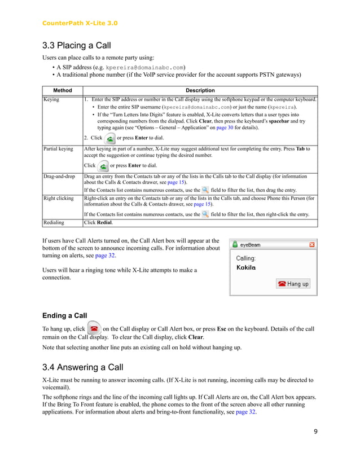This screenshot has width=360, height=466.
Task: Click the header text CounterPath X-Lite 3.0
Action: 80,23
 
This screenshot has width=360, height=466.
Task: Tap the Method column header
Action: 62,90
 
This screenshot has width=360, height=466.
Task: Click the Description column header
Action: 200,90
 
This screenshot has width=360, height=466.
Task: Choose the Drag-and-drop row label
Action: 59,177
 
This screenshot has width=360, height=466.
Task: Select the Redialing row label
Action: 55,223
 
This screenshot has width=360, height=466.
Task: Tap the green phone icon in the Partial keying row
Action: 103,165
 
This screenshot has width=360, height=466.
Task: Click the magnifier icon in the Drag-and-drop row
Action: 205,191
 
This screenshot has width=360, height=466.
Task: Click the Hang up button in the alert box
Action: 293,284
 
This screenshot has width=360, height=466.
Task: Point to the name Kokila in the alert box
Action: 245,267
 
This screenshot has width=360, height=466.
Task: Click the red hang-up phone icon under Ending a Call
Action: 95,328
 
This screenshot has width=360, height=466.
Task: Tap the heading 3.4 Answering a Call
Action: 83,368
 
